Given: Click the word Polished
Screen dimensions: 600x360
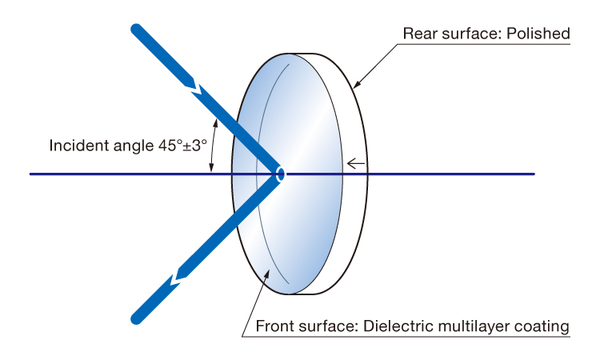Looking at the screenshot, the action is (x=538, y=34).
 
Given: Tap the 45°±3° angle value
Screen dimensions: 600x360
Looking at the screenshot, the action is (x=182, y=146).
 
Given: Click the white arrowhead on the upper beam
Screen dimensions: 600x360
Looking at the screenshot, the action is (x=194, y=87).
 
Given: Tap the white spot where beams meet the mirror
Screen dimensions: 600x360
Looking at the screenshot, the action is (x=282, y=174).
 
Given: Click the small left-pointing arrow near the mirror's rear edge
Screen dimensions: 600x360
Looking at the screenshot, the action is (x=355, y=164).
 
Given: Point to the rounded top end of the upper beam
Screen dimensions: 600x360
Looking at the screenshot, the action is (x=137, y=30).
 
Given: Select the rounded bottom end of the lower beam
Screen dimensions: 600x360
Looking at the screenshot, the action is (x=137, y=318).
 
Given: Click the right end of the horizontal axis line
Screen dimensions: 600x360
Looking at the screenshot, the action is (x=534, y=174).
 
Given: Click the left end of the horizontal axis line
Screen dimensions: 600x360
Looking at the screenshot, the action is (x=30, y=174).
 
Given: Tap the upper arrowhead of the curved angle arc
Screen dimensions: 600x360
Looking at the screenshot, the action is (x=216, y=123).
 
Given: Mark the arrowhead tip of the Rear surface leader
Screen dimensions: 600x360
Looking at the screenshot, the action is (x=353, y=88).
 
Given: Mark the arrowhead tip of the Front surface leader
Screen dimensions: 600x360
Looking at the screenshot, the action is (x=270, y=270).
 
